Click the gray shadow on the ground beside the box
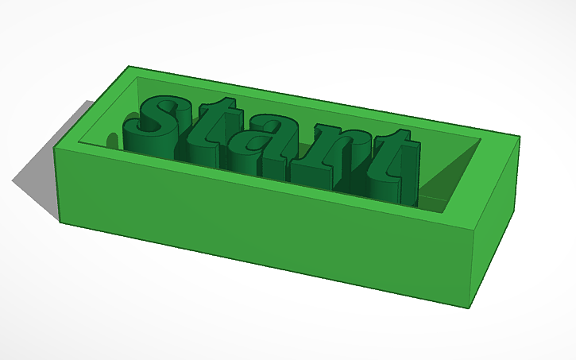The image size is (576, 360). click(x=40, y=179)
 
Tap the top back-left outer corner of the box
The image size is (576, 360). click(x=130, y=66)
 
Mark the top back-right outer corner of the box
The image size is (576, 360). click(x=520, y=137)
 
